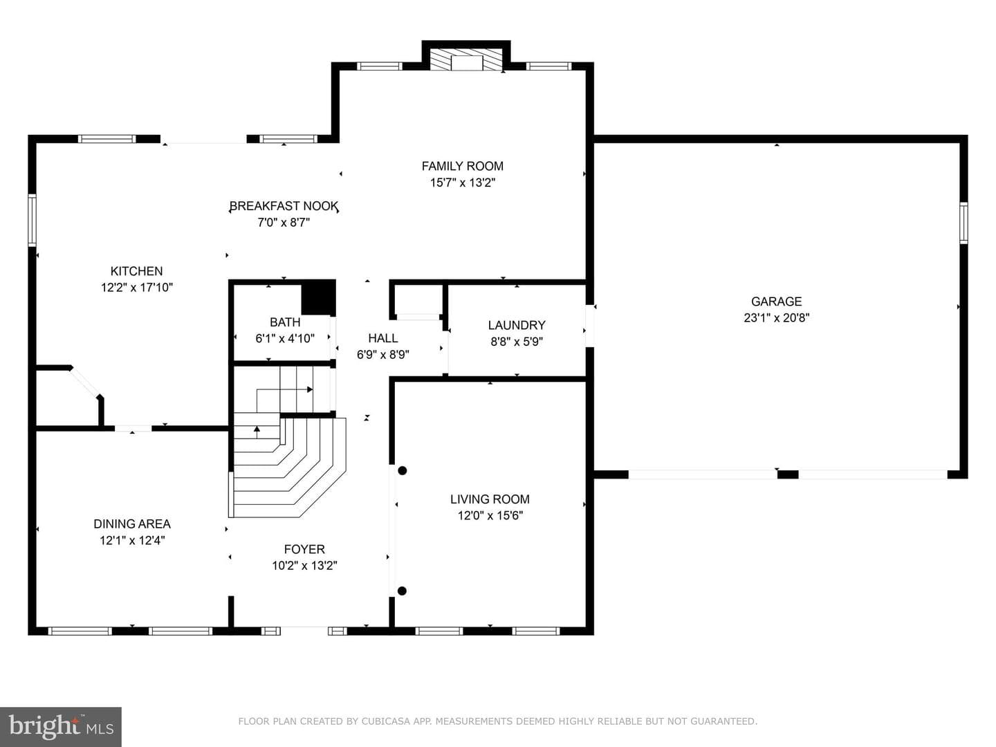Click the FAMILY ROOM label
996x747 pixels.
[463, 166]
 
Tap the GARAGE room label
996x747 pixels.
[776, 301]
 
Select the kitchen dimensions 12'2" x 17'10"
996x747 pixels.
[136, 288]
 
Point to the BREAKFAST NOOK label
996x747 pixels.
[284, 206]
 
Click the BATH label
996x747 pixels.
[285, 322]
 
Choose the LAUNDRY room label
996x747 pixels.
[517, 325]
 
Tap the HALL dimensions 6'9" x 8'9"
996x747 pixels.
[383, 355]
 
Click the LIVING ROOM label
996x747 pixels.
[490, 499]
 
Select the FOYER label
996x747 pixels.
[304, 549]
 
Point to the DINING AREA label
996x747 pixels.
[132, 524]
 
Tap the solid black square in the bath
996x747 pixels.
[319, 297]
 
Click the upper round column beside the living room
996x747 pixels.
[402, 471]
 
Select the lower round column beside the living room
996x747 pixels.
[402, 591]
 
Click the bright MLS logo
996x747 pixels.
[61, 727]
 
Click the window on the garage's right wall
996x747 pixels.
[963, 223]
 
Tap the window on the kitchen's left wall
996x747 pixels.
[33, 221]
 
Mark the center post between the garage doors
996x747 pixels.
[788, 474]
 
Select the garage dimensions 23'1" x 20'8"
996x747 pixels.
[776, 318]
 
